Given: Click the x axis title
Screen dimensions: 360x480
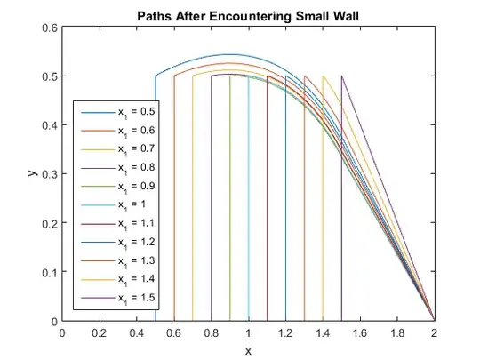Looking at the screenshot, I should click(248, 350).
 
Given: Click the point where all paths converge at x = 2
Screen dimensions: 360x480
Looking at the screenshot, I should click(434, 320).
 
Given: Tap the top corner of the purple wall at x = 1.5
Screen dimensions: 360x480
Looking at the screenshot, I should click(341, 76).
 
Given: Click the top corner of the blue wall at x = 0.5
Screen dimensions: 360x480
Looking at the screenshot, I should click(156, 76).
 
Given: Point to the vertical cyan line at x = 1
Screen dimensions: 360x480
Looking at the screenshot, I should click(248, 222).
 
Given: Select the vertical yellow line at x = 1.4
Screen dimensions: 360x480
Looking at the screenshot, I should click(323, 222).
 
